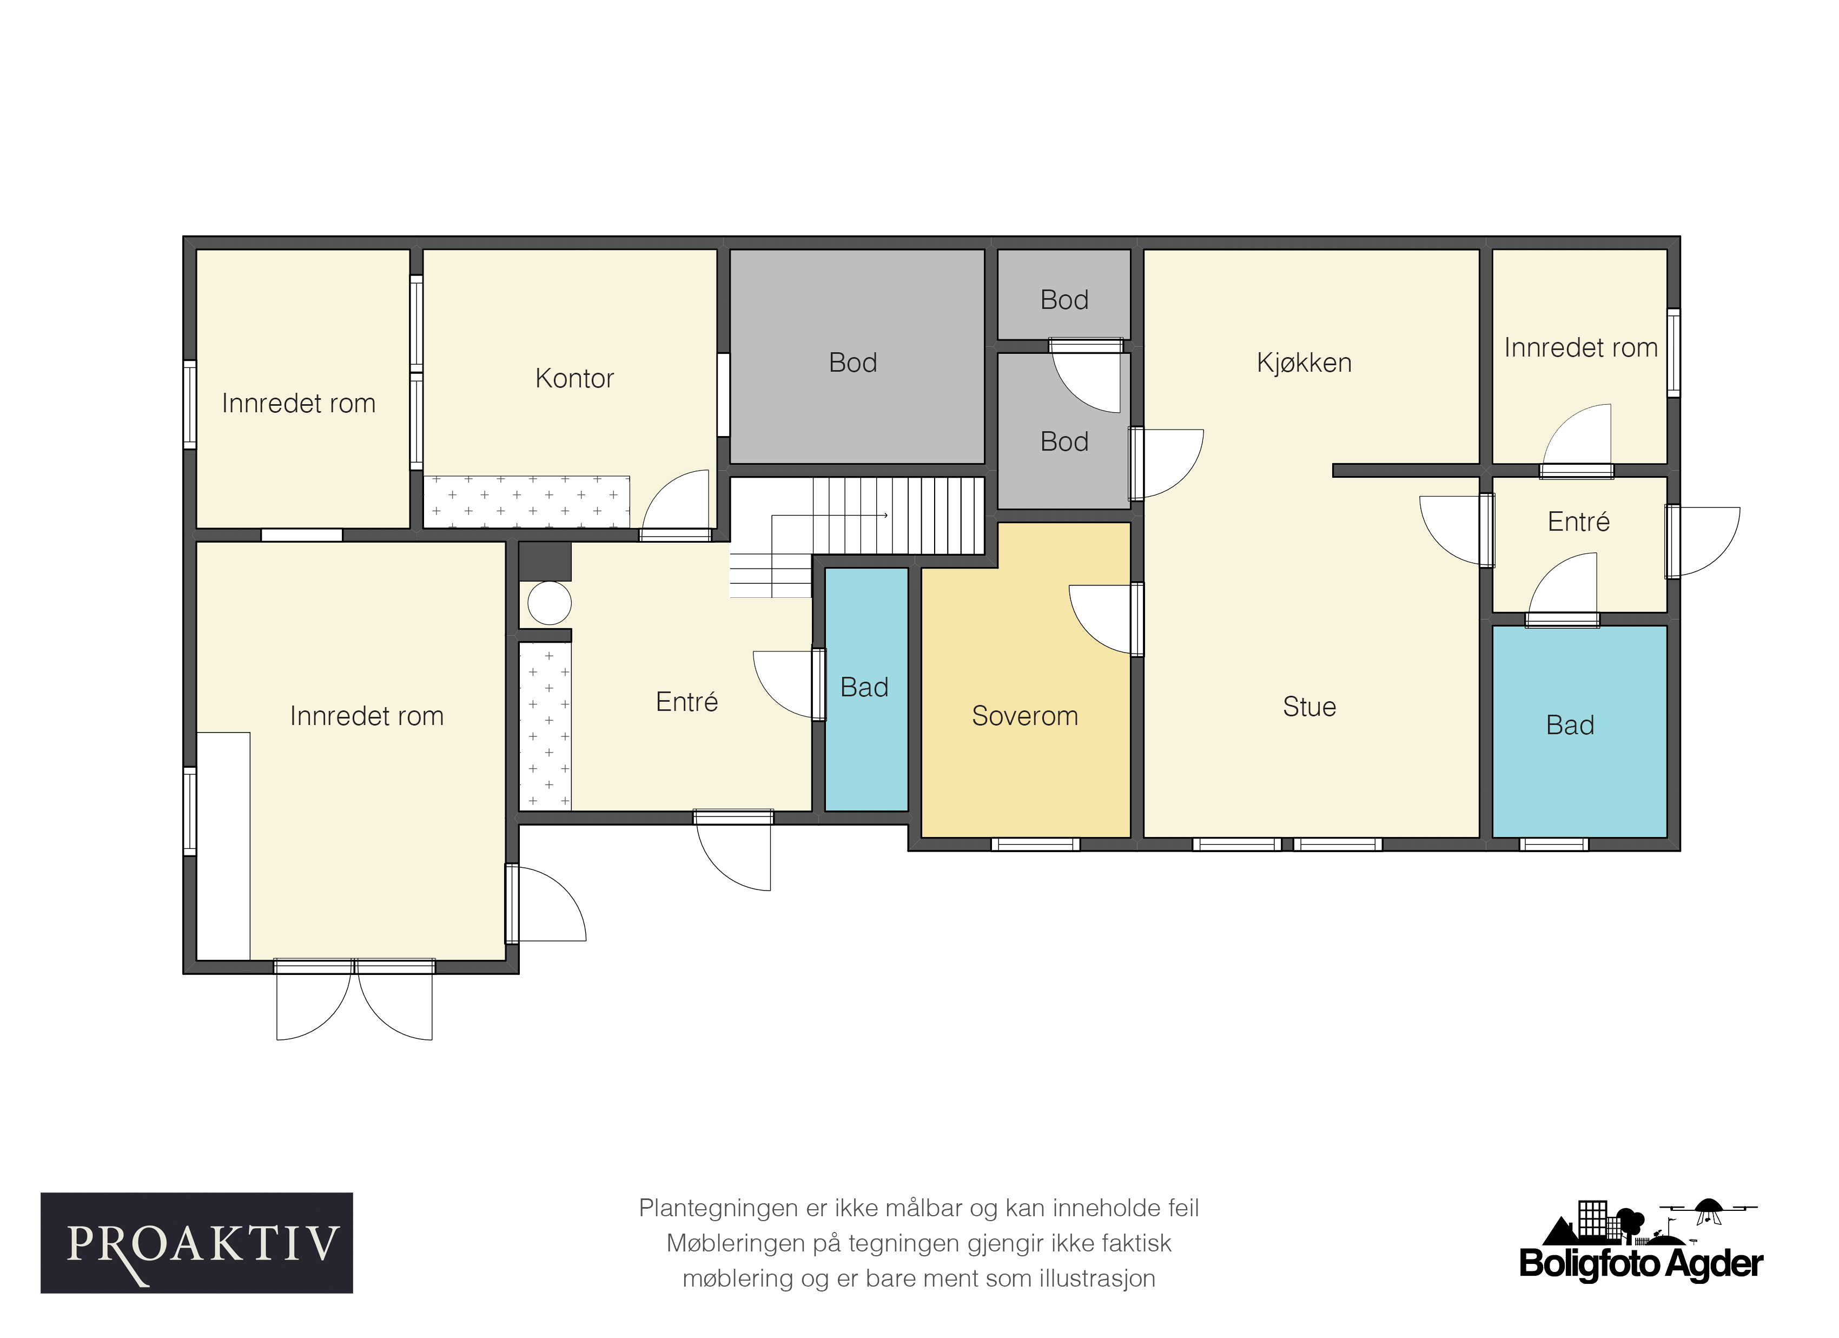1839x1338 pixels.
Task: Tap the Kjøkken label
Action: [x=1304, y=362]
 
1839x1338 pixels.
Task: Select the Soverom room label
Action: [x=1025, y=716]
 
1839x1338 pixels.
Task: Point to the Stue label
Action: [x=1309, y=707]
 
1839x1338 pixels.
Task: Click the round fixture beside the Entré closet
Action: [x=550, y=603]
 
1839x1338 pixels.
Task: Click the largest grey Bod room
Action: [x=857, y=357]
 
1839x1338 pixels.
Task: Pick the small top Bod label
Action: [x=1064, y=300]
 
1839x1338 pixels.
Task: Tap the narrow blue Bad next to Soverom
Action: [x=866, y=689]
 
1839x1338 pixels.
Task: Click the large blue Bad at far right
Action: [x=1579, y=731]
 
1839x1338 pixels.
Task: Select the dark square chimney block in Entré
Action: [x=545, y=561]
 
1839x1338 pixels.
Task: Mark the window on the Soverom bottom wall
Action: [x=1035, y=844]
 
